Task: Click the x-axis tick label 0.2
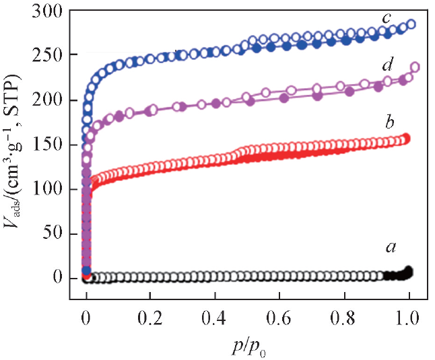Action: (150, 317)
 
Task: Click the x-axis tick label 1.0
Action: (408, 317)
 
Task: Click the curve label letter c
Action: (387, 17)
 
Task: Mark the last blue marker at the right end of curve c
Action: (411, 25)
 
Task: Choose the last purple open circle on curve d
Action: (415, 67)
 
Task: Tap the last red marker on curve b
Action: (405, 139)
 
